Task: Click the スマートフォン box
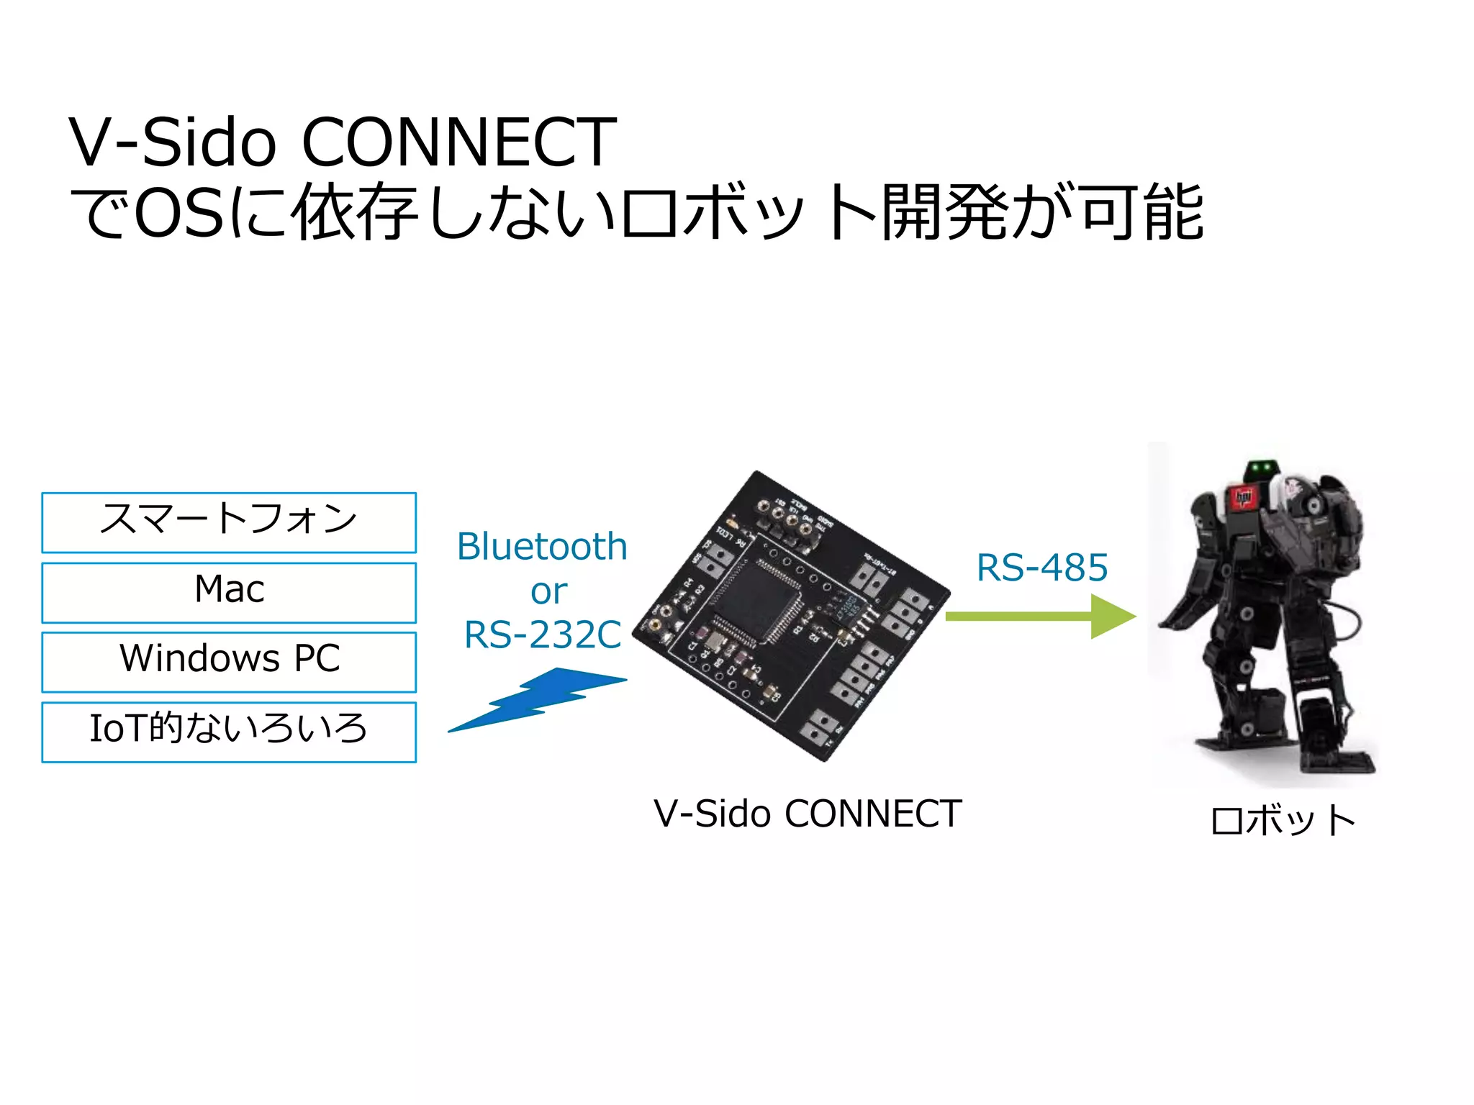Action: (229, 522)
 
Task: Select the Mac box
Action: (229, 592)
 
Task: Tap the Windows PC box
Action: (229, 662)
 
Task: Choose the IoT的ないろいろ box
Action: (229, 732)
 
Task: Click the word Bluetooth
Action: (542, 547)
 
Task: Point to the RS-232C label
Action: (542, 635)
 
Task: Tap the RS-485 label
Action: (1041, 568)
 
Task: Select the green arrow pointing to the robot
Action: (1040, 617)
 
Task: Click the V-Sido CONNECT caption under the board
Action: (808, 814)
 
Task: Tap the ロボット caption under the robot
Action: (1283, 821)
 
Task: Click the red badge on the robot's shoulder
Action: (1242, 497)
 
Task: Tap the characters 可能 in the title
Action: (1143, 212)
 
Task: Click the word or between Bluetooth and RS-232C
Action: (548, 591)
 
